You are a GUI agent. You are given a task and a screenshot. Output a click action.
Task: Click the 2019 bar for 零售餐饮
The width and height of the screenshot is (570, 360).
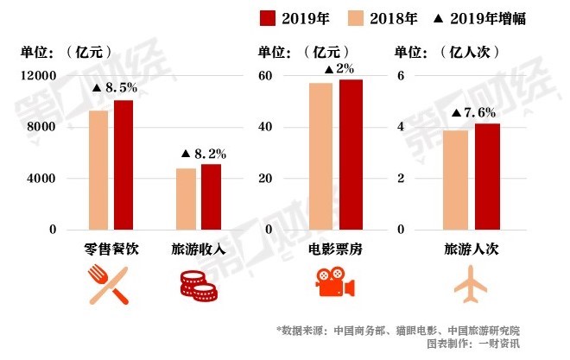[123, 165]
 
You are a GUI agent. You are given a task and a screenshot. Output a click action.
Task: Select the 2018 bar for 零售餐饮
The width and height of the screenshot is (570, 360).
[98, 170]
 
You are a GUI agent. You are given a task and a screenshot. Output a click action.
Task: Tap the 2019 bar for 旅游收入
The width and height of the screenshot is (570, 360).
[211, 197]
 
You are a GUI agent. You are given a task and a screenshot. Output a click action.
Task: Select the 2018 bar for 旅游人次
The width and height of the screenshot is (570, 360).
[455, 180]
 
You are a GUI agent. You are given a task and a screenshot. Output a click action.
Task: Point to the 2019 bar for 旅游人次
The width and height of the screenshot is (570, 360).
[487, 176]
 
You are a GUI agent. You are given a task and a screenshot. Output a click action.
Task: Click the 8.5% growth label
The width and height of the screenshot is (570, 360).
[115, 87]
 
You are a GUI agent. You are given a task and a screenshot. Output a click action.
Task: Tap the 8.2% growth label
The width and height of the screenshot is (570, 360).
[203, 154]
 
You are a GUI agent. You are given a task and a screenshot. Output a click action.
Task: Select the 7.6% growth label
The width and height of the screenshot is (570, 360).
[473, 112]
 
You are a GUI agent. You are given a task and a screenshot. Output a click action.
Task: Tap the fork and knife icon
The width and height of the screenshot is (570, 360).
[108, 285]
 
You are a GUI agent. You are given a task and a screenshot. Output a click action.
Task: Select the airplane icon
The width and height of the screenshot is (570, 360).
[471, 284]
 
